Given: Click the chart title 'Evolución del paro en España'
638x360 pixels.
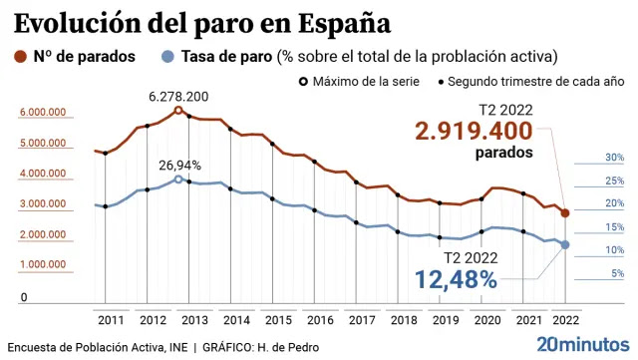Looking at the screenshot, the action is point(202,24).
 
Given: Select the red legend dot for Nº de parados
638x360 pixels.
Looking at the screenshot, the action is point(20,57).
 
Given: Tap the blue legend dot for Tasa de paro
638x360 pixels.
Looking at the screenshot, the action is point(167,57).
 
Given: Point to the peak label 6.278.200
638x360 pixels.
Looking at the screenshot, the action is point(178,97).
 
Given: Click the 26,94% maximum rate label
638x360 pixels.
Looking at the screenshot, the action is point(179,166).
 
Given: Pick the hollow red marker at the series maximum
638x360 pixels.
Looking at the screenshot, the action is point(178,110).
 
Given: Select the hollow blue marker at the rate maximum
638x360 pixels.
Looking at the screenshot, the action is point(178,180).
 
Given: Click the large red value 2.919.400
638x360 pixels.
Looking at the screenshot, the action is point(474,131).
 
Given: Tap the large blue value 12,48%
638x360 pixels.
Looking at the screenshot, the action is point(456,280).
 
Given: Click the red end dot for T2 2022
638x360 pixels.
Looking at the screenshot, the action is point(565,213).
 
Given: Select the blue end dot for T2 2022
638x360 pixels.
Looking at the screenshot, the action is point(565,244).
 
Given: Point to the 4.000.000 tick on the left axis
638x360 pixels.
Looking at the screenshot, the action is point(43,174).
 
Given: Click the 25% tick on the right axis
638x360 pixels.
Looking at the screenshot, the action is point(614,180).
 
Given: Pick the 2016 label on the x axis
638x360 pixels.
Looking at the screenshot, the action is point(320,320).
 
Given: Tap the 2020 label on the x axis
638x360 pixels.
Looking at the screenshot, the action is point(487,320).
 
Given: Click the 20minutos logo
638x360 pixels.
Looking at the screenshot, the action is point(583,344).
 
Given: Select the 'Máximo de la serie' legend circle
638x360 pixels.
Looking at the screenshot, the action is point(303,82).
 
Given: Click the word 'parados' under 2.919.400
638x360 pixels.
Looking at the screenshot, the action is point(504,153).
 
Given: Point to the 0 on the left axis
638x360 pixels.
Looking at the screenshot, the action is point(24,298).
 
